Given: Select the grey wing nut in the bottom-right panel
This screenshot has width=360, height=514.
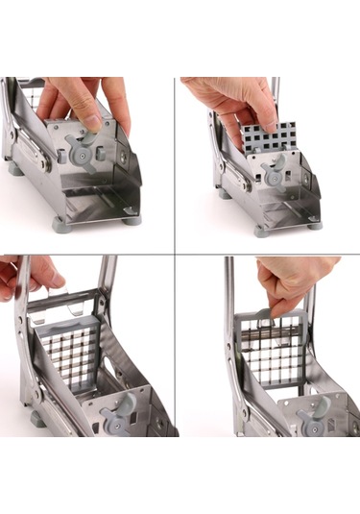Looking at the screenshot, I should [312, 415].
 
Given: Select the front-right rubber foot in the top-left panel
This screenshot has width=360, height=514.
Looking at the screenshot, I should [132, 220].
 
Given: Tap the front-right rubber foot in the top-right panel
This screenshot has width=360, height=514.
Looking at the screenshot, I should [315, 225].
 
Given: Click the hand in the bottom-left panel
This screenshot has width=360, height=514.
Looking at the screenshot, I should [24, 274].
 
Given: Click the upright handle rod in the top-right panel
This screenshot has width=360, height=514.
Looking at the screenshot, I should [276, 96].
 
